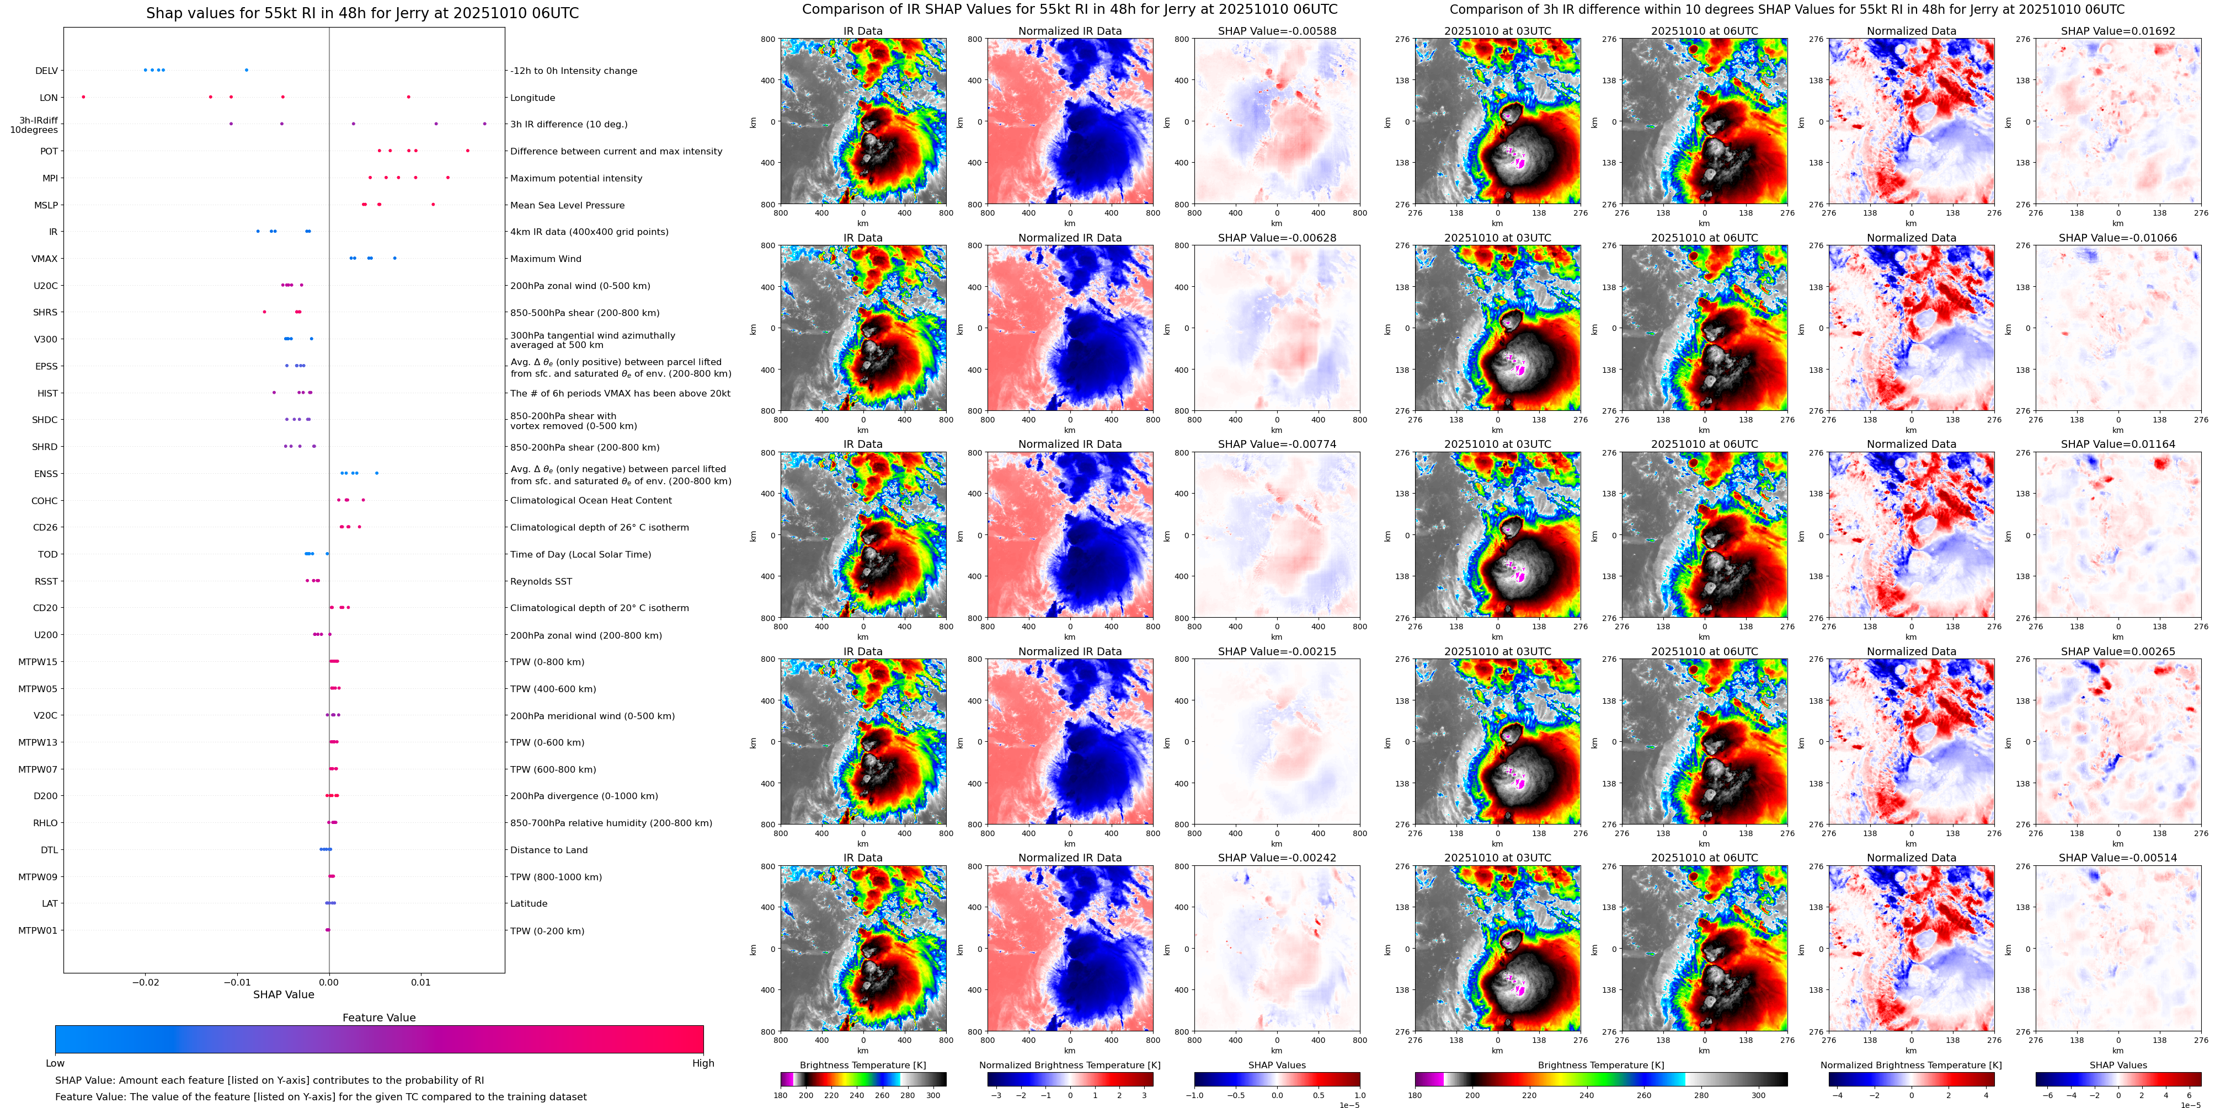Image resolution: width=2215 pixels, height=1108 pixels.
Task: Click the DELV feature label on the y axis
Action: [x=46, y=71]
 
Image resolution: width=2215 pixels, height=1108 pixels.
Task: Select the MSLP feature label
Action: [x=46, y=205]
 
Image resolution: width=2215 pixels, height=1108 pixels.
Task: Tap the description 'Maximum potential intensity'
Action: [x=576, y=179]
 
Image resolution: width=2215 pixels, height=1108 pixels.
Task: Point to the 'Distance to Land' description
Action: [x=548, y=850]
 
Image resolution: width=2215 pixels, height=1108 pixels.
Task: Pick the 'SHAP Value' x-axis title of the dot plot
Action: [x=284, y=994]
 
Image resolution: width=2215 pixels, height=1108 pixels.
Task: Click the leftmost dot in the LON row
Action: [x=83, y=97]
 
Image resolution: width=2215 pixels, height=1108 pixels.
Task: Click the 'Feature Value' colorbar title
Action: [x=379, y=1018]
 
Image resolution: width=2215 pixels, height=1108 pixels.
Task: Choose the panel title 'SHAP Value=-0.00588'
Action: [x=1277, y=31]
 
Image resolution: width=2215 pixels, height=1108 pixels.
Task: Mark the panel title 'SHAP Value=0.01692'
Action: [x=2118, y=31]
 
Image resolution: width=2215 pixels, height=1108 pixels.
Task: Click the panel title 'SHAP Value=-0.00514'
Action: [x=2118, y=858]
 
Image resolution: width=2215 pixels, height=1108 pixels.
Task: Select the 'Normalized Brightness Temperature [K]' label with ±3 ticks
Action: [x=1070, y=1065]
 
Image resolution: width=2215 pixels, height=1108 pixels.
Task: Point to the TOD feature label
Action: [x=48, y=554]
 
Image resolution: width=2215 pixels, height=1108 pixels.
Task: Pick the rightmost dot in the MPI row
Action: [x=448, y=178]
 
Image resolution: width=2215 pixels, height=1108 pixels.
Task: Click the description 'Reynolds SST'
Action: [x=541, y=582]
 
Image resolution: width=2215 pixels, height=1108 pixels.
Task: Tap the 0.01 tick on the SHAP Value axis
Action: [x=420, y=982]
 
